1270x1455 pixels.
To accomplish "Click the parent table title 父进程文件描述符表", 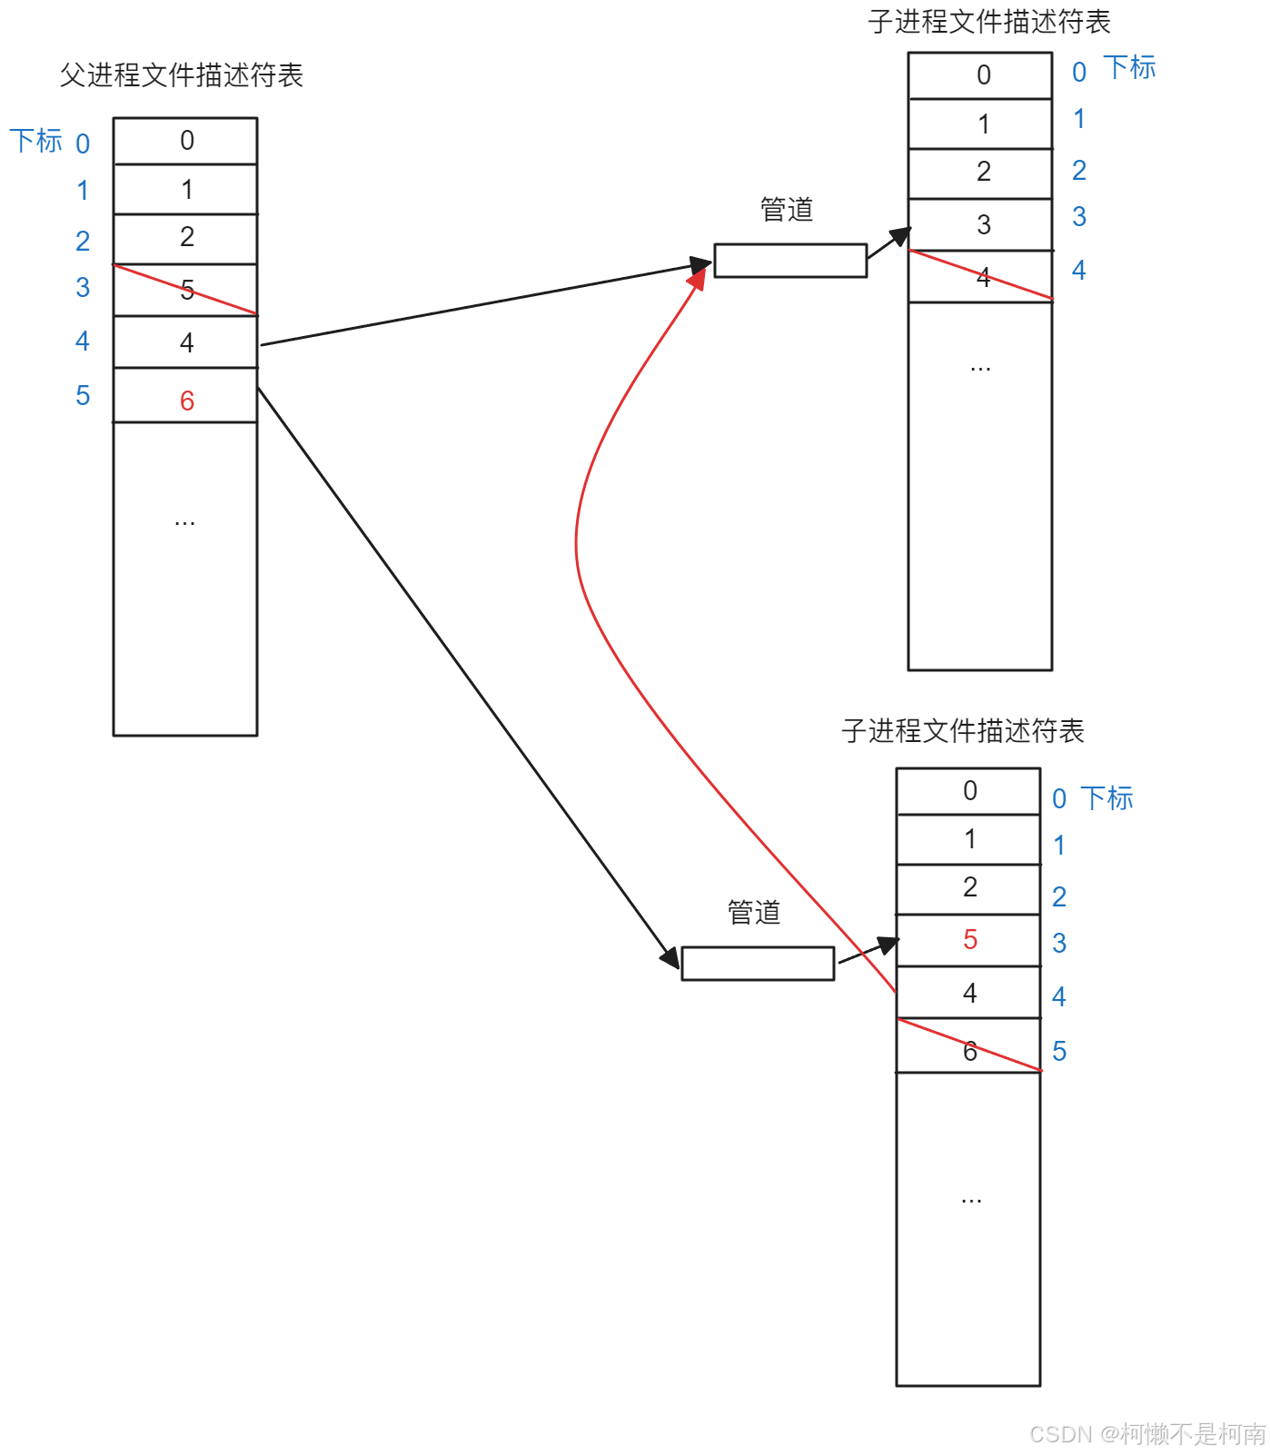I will (x=182, y=75).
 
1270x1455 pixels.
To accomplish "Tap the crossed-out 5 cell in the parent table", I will (x=186, y=290).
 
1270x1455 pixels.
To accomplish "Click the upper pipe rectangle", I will (x=790, y=261).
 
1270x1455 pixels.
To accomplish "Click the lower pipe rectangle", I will (x=758, y=964).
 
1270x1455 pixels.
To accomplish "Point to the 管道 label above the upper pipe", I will (x=787, y=210).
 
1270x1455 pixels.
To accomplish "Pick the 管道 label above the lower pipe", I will (x=754, y=913).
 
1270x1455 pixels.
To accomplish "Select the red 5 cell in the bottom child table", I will (x=969, y=940).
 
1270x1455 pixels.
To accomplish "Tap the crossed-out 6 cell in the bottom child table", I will (x=969, y=1047).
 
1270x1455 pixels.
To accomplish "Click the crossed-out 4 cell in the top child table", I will (x=982, y=277).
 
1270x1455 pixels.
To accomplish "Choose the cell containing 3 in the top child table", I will (x=982, y=224).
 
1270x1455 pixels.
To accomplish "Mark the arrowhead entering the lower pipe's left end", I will (x=670, y=957).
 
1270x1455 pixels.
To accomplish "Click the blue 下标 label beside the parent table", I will (x=36, y=141).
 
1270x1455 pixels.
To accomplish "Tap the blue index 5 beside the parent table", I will (x=83, y=396).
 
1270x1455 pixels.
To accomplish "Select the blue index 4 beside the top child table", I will (x=1078, y=270).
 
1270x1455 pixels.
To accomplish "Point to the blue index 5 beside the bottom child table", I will (x=1059, y=1051).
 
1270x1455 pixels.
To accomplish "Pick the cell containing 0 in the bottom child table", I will (x=969, y=791).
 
